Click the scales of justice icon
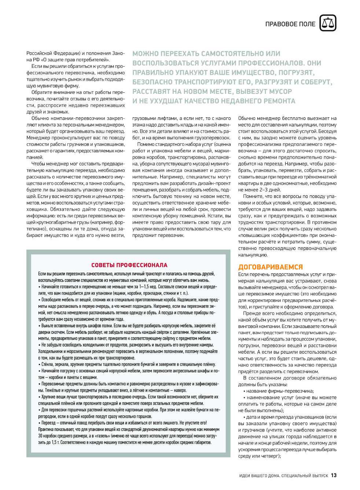328,23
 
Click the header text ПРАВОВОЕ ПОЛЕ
290,24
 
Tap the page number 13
333,475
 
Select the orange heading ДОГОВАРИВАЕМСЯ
271,267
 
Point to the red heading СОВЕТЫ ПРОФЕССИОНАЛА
129,265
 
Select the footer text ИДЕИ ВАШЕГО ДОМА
259,476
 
